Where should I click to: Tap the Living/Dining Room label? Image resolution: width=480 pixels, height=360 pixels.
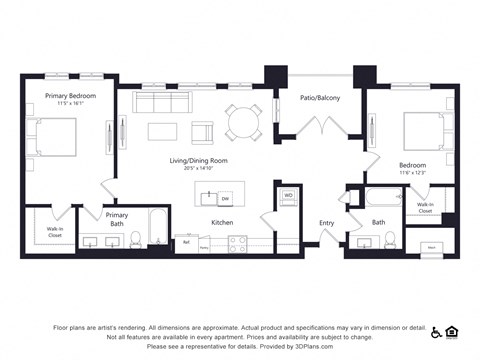pos(197,160)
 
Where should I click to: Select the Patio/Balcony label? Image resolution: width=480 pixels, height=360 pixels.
pos(319,98)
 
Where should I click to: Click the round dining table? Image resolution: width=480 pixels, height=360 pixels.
pos(241,122)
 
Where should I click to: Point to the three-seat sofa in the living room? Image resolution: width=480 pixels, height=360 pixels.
pos(163,102)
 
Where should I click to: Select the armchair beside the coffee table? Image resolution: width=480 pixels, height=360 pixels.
pos(203,132)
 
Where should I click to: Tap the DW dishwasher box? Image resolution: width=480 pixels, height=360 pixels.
pos(225,198)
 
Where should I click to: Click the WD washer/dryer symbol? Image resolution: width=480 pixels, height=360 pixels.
pos(288,196)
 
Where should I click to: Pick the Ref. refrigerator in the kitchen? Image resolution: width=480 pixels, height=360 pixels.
pos(185,242)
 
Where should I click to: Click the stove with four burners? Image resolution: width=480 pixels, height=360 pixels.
pos(237,242)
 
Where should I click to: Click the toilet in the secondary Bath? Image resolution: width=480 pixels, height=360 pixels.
pos(391,239)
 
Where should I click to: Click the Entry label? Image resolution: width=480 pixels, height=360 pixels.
pos(326,223)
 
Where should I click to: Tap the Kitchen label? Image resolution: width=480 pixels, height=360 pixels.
pos(222,222)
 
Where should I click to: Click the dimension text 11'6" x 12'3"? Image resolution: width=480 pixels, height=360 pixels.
pos(412,174)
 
